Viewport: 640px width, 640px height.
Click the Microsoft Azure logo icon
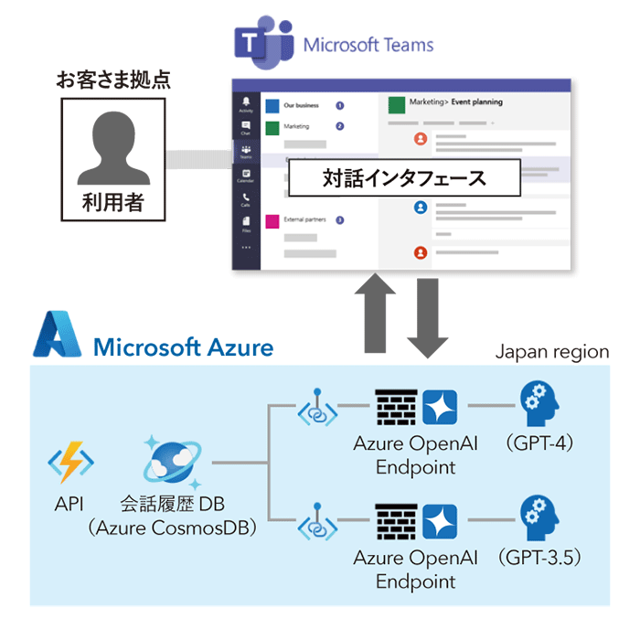click(x=58, y=336)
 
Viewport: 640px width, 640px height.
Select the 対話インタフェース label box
click(x=403, y=177)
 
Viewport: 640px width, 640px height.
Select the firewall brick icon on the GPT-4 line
click(x=396, y=406)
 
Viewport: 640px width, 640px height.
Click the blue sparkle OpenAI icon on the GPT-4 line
click(x=442, y=406)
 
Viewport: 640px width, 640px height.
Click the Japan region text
click(x=551, y=351)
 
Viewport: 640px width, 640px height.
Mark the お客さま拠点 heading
click(x=114, y=80)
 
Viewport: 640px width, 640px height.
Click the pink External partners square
click(x=272, y=220)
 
